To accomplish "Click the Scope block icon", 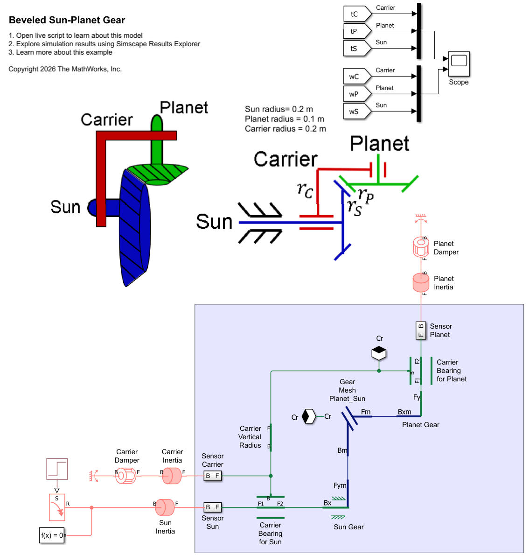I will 459,64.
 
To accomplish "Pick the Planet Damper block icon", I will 421,247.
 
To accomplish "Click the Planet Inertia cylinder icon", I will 421,282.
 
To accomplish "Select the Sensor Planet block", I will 421,330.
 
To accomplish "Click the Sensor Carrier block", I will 212,476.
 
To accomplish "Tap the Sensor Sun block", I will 212,507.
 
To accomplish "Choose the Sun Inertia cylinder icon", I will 165,507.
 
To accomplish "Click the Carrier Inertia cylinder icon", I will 172,476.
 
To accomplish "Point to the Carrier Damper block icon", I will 126,476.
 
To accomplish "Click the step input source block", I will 57,469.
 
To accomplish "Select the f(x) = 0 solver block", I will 52,535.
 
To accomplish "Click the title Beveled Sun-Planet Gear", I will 67,20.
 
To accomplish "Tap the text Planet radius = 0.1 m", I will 284,119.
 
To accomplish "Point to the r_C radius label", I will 305,190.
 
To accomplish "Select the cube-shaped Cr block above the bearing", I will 379,353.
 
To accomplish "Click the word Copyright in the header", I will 23,69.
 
